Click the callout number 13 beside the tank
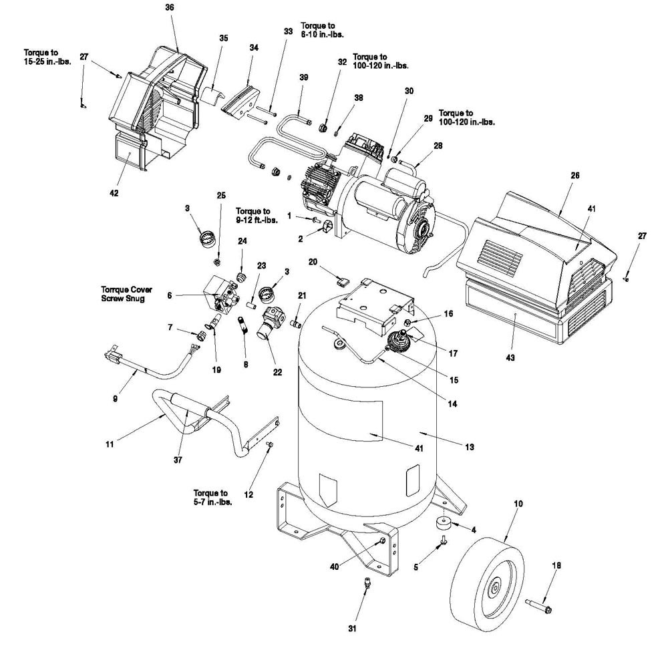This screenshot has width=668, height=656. [x=469, y=447]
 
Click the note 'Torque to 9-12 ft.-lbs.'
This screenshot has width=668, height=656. [x=257, y=216]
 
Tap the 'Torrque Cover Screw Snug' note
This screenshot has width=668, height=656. [x=126, y=294]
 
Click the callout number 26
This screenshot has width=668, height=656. [x=574, y=176]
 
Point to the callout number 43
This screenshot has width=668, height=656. [x=510, y=357]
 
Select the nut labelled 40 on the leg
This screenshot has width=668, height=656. [x=381, y=540]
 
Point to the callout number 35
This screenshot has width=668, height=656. [x=224, y=38]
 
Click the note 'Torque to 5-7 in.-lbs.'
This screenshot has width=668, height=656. [x=212, y=497]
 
